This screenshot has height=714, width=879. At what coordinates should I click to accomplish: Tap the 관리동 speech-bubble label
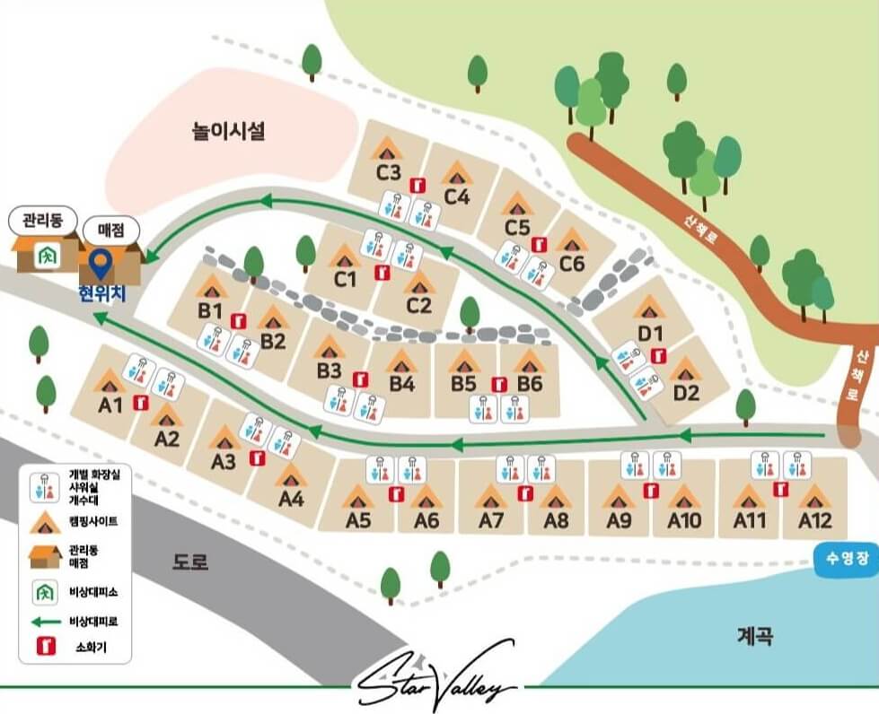pyautogui.click(x=40, y=220)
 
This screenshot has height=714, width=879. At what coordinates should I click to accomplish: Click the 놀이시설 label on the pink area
pyautogui.click(x=229, y=132)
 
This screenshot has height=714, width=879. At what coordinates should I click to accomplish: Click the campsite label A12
pyautogui.click(x=814, y=520)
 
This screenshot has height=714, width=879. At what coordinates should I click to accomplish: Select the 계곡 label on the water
pyautogui.click(x=755, y=636)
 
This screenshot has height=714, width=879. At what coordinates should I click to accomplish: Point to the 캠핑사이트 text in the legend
pyautogui.click(x=92, y=520)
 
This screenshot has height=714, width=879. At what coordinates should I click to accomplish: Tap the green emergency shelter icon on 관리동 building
pyautogui.click(x=43, y=256)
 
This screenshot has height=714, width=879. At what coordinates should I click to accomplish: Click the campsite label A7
pyautogui.click(x=491, y=520)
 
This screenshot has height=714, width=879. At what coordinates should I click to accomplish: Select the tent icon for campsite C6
pyautogui.click(x=571, y=239)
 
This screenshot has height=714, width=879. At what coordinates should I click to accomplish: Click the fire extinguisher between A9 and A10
pyautogui.click(x=651, y=490)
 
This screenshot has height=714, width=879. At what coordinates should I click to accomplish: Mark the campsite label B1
pyautogui.click(x=211, y=309)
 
